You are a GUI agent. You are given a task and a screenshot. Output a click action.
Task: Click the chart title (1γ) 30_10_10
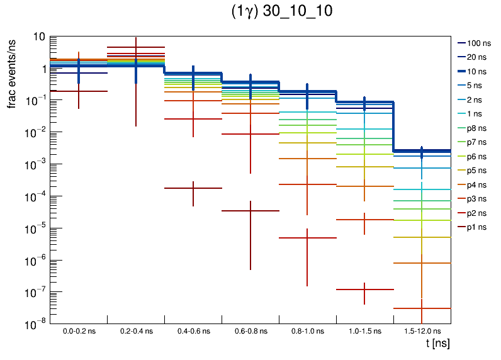pyautogui.click(x=281, y=12)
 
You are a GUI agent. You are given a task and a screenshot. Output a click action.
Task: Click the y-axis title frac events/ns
pyautogui.click(x=13, y=73)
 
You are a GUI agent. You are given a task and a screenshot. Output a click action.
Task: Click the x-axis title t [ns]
pyautogui.click(x=436, y=344)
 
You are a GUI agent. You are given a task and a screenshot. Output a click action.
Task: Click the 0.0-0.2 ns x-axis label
pyautogui.click(x=79, y=331)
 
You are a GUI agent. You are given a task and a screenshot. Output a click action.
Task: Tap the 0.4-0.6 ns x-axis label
pyautogui.click(x=193, y=331)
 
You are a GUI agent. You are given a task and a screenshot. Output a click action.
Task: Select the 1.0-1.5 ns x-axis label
pyautogui.click(x=365, y=331)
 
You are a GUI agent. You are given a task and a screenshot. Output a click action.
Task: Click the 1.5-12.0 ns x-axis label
pyautogui.click(x=422, y=331)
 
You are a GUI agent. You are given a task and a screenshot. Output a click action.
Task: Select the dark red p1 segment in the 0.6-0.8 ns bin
pyautogui.click(x=239, y=211)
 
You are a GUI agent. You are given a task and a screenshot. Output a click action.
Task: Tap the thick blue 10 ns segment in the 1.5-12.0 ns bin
pyautogui.click(x=434, y=151)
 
